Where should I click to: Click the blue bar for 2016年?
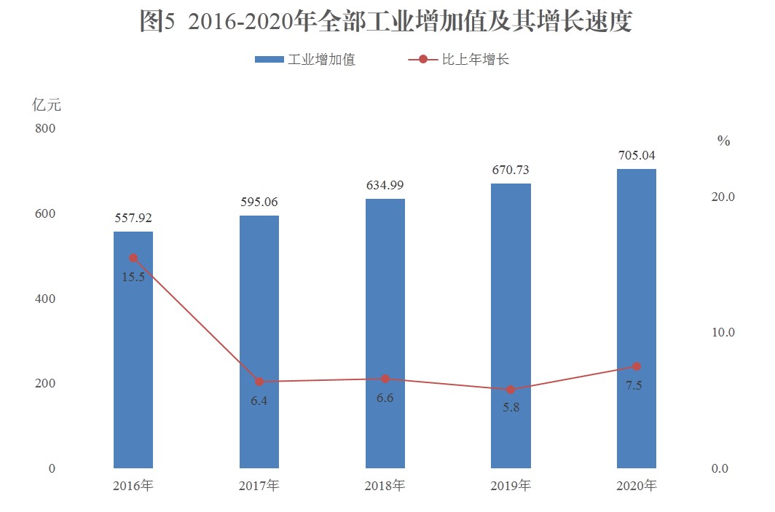(x=133, y=350)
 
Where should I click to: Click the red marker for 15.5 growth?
(x=133, y=258)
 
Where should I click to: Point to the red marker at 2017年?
(x=259, y=382)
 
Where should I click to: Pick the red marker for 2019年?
(x=511, y=390)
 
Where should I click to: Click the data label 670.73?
(x=511, y=170)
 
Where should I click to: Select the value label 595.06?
(x=259, y=202)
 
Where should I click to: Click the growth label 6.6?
(x=385, y=398)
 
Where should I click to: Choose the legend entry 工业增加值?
(x=306, y=60)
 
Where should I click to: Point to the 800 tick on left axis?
(x=45, y=129)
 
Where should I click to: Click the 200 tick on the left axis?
(x=45, y=383)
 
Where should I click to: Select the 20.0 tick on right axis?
(x=723, y=197)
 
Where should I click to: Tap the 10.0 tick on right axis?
(x=723, y=332)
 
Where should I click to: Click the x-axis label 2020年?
(x=636, y=485)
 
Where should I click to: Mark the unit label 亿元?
(x=47, y=105)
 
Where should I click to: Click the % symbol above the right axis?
(x=723, y=141)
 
